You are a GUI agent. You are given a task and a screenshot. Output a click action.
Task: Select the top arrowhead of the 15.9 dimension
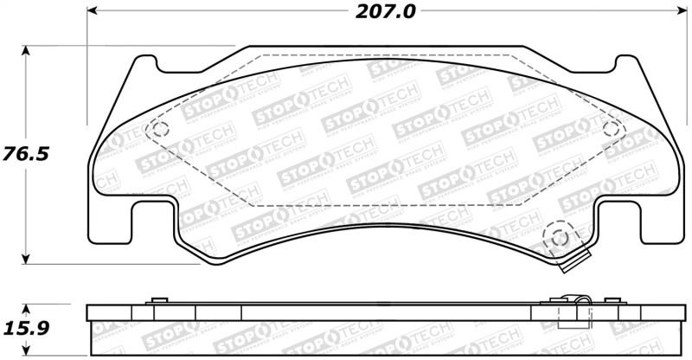click(28, 308)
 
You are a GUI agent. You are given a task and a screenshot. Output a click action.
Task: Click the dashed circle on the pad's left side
click(158, 130)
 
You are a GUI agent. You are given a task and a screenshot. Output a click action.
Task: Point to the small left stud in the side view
click(157, 300)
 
